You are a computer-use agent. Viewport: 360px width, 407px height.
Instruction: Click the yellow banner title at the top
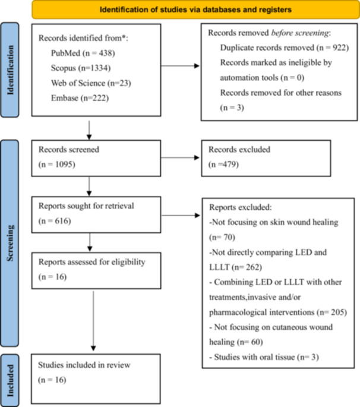pyautogui.click(x=195, y=10)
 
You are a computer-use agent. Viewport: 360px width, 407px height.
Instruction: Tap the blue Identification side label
pyautogui.click(x=10, y=70)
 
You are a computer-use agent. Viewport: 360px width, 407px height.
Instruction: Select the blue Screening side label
pyautogui.click(x=10, y=243)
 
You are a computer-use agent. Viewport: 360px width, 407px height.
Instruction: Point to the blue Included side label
pyautogui.click(x=10, y=380)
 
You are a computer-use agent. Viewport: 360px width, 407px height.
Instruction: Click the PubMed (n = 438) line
pyautogui.click(x=83, y=53)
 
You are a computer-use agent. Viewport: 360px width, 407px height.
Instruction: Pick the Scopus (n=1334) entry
pyautogui.click(x=81, y=68)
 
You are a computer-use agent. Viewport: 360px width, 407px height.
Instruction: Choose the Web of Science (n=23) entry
pyautogui.click(x=91, y=83)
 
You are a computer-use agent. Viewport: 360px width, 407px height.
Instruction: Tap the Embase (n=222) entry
pyautogui.click(x=80, y=98)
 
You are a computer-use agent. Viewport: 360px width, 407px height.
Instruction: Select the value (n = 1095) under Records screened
pyautogui.click(x=57, y=165)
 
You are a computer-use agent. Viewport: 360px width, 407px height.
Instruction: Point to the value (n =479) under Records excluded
pyautogui.click(x=223, y=165)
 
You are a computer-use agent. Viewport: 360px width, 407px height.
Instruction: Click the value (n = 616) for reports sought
pyautogui.click(x=55, y=221)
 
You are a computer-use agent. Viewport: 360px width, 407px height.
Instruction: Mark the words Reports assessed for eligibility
pyautogui.click(x=92, y=262)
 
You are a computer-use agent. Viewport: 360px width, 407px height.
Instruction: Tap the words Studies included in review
pyautogui.click(x=84, y=365)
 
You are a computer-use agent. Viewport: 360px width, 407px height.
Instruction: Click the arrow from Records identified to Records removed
pyautogui.click(x=180, y=66)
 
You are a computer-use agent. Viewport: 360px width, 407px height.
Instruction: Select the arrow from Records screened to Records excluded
pyautogui.click(x=180, y=157)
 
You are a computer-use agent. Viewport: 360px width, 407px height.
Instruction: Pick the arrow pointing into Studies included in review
pyautogui.click(x=93, y=321)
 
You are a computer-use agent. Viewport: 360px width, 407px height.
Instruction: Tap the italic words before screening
pyautogui.click(x=300, y=33)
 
